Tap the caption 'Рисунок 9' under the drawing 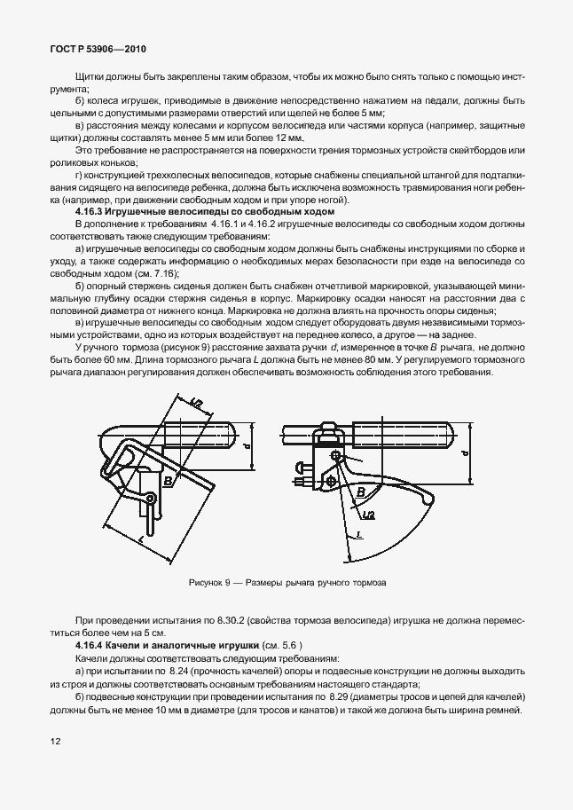tap(210, 583)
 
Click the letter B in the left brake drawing tap(169, 481)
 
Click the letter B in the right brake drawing tap(360, 491)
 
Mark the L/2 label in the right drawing tap(368, 513)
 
